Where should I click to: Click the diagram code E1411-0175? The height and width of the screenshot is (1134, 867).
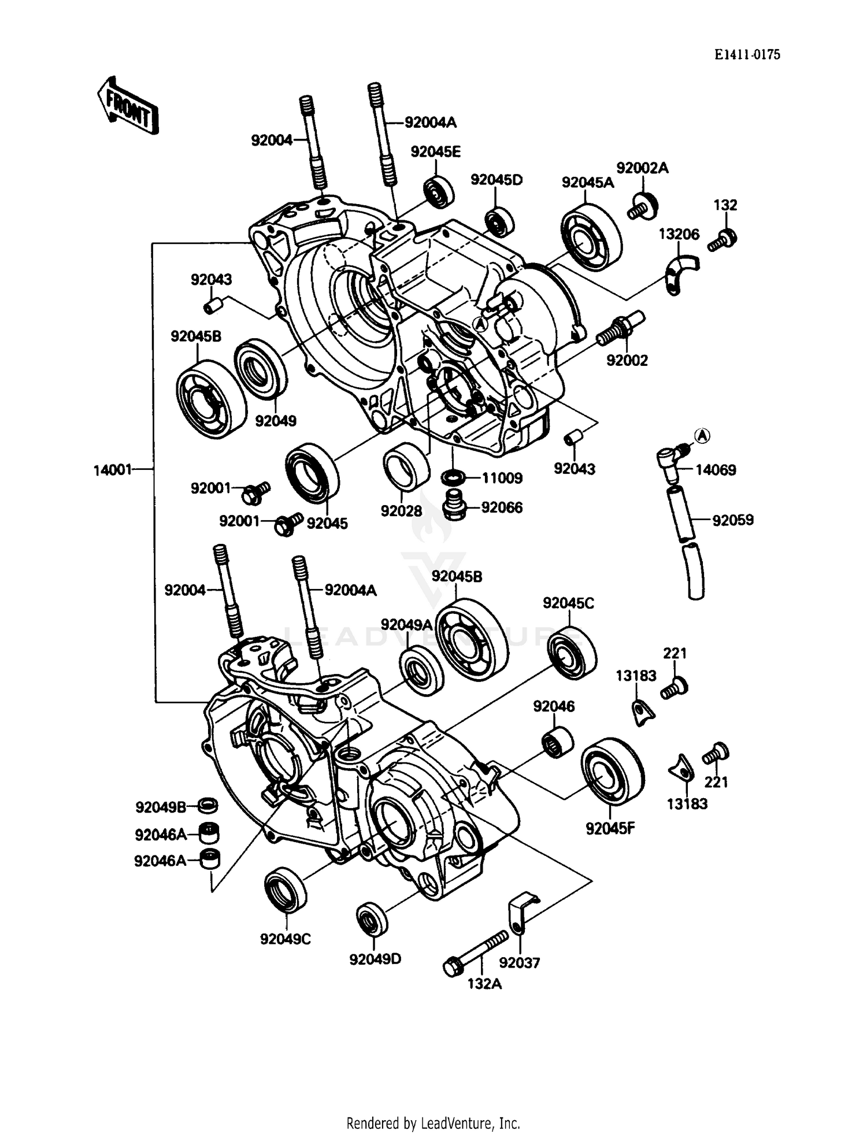click(747, 54)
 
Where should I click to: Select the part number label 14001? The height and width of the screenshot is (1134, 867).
click(113, 470)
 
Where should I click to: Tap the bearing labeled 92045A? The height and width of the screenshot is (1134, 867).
click(591, 238)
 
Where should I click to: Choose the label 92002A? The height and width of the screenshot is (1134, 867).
click(642, 168)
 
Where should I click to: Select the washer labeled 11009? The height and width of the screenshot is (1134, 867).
click(453, 478)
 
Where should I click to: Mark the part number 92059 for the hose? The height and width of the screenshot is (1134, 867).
click(732, 520)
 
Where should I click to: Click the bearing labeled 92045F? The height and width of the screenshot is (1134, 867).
click(612, 771)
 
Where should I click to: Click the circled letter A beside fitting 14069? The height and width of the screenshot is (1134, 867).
click(702, 436)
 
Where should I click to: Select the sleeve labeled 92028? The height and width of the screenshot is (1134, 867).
click(406, 466)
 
